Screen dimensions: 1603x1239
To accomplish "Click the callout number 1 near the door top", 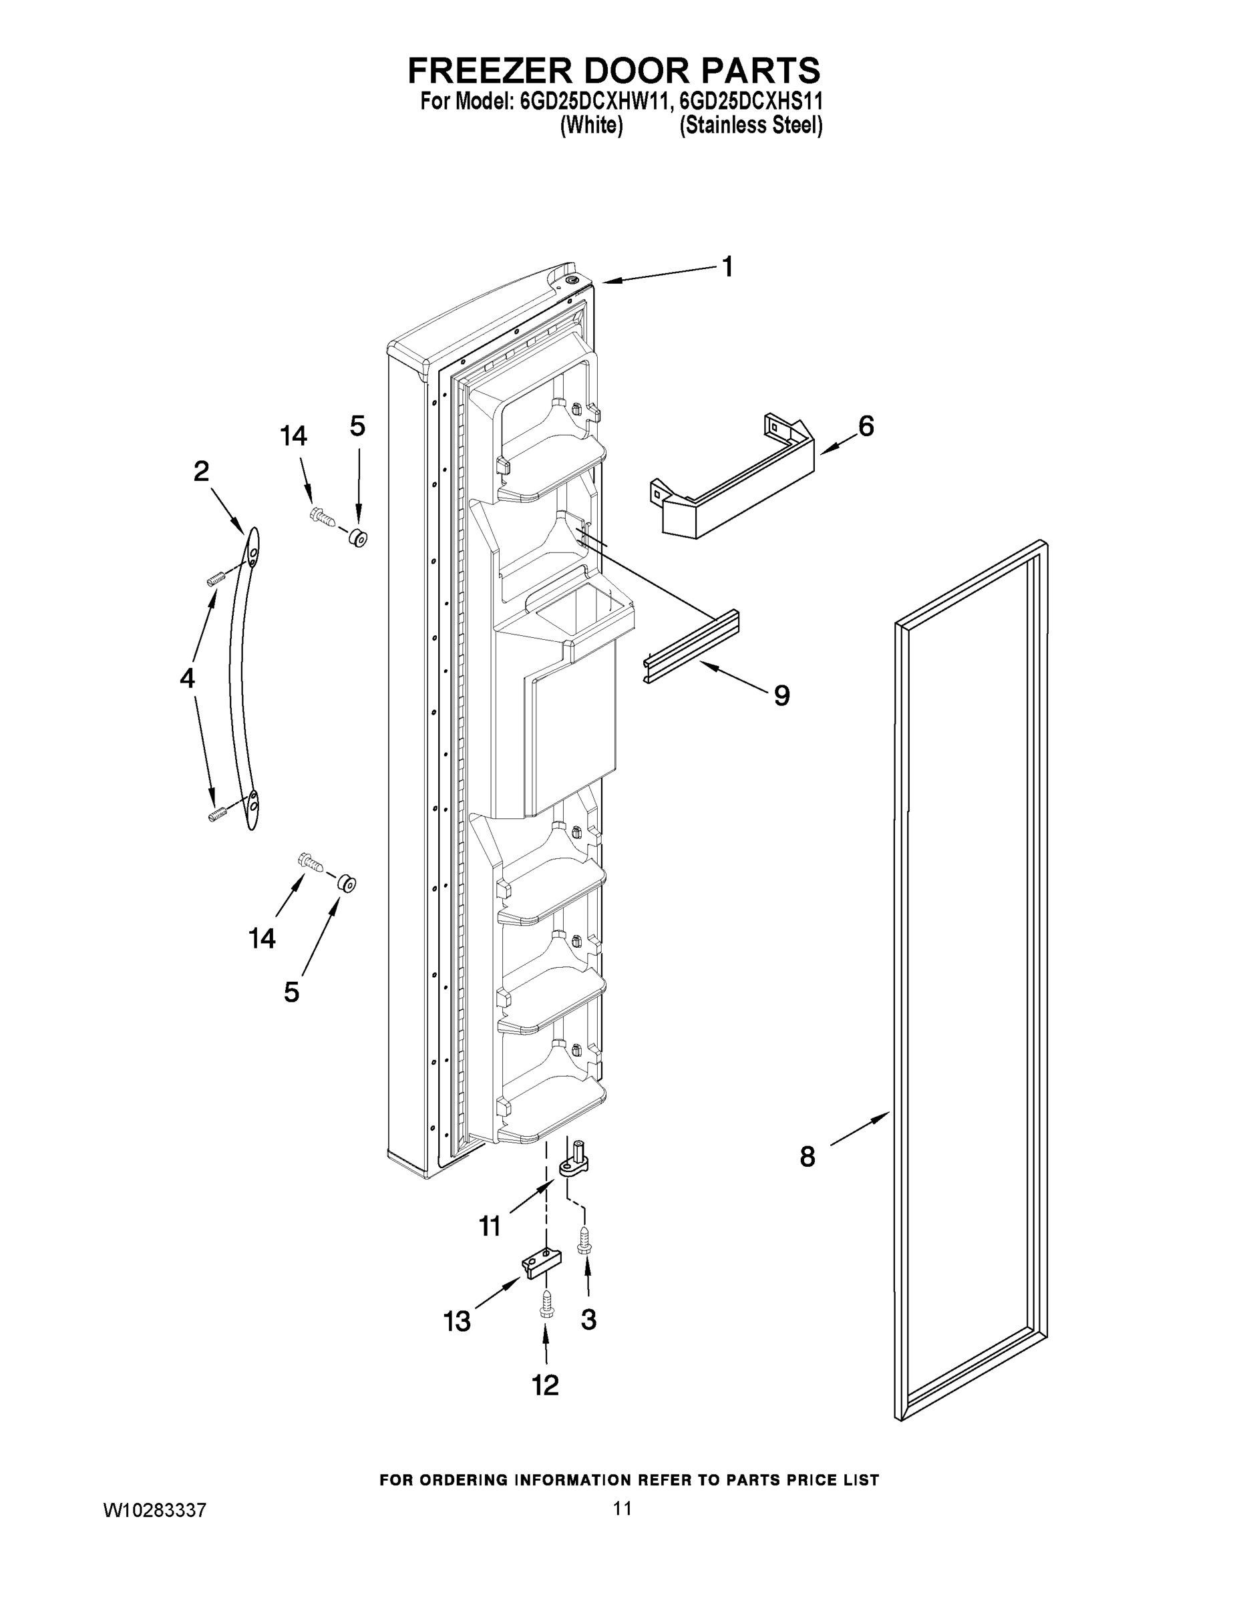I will tap(727, 267).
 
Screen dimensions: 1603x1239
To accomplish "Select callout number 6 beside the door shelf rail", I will tap(866, 425).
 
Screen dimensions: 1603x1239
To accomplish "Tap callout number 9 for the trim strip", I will tap(781, 695).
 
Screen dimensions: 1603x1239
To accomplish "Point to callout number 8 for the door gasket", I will tap(807, 1157).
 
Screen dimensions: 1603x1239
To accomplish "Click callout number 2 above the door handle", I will tap(201, 471).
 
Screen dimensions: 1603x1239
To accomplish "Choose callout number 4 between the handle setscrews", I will tap(187, 677).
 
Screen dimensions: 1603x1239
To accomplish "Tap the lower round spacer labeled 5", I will tap(347, 883).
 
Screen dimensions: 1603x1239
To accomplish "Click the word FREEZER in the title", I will tap(488, 71).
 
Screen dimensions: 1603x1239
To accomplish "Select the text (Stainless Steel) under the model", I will tap(750, 126).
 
